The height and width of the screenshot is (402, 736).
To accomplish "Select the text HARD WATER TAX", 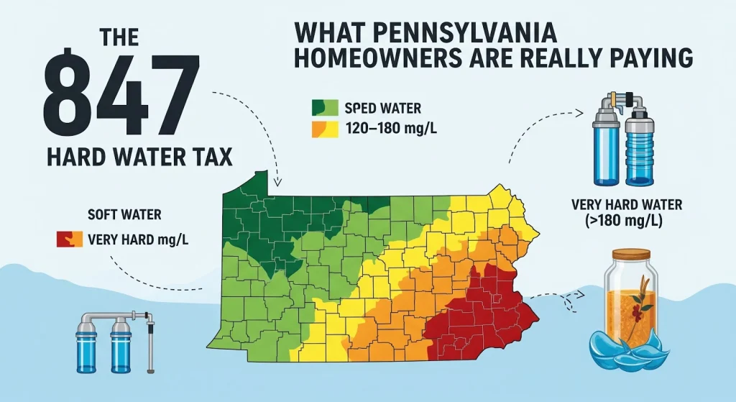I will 139,157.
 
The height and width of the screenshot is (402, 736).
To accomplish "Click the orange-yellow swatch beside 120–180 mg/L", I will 325,129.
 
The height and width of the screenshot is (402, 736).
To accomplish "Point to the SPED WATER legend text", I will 382,109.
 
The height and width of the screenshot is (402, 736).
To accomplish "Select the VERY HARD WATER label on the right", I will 626,205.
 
